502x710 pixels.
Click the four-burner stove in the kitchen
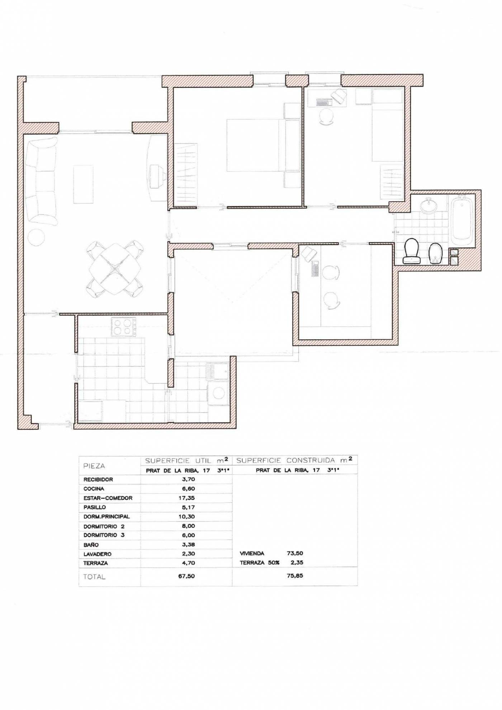(124, 327)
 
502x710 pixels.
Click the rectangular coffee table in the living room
(83, 184)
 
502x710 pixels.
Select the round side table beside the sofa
(36, 237)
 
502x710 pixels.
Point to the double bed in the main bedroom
(263, 145)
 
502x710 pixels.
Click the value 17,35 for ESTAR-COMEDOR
(186, 498)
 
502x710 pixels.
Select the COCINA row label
(94, 489)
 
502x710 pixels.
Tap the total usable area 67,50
(186, 576)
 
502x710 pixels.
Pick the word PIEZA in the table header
(94, 466)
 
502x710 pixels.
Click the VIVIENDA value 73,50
(295, 553)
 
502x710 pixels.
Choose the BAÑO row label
(91, 545)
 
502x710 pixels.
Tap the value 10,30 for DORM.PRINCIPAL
(186, 517)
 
